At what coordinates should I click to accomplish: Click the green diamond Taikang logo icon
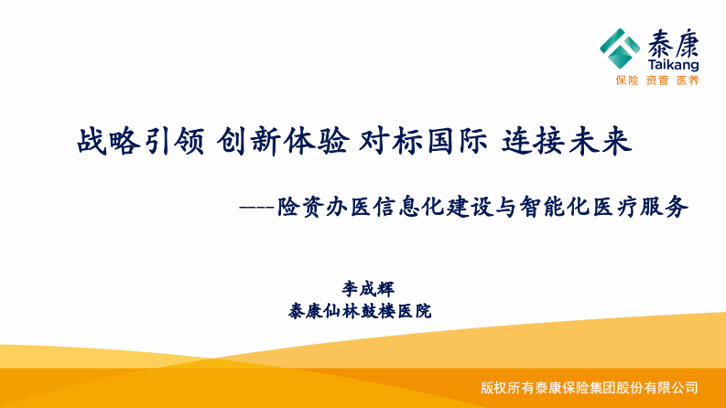(620, 48)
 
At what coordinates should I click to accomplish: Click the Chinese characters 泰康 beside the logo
(672, 43)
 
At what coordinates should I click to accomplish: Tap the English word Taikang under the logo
(672, 65)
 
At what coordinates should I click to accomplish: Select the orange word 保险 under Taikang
(626, 81)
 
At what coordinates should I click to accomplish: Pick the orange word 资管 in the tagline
(656, 81)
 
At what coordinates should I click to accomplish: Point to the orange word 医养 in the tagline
(687, 81)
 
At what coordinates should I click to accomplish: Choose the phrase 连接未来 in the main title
(568, 142)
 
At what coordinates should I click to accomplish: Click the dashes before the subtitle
(255, 208)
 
